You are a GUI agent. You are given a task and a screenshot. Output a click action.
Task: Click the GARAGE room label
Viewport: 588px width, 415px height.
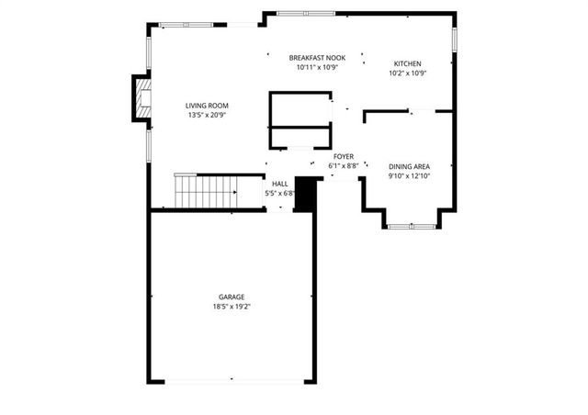[x=232, y=297]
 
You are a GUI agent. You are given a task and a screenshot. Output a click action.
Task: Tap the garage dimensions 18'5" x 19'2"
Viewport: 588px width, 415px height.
[x=232, y=306]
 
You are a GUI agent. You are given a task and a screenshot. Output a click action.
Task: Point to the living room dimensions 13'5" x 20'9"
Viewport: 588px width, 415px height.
[x=208, y=116]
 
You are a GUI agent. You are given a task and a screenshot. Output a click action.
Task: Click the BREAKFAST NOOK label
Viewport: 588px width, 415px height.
[x=317, y=57]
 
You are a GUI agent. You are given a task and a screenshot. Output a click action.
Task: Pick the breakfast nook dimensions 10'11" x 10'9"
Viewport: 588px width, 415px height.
[x=317, y=66]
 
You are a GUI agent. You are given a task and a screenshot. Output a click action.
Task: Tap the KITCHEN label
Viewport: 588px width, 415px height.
[x=408, y=63]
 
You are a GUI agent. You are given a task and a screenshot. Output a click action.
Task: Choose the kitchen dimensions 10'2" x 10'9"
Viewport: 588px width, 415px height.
[x=408, y=73]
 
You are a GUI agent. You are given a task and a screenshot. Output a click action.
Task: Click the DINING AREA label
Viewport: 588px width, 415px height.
[x=409, y=165]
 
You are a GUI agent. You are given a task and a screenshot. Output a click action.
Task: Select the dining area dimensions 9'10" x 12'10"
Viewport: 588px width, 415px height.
[x=409, y=174]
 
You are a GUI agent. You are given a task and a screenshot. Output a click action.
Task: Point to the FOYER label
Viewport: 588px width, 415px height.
[x=344, y=157]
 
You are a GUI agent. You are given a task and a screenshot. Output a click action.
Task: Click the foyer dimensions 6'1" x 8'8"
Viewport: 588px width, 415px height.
[x=344, y=166]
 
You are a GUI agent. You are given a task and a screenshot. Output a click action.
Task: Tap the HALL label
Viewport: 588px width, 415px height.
[x=279, y=184]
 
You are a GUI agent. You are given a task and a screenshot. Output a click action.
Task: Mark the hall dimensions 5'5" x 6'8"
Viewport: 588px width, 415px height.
[x=279, y=193]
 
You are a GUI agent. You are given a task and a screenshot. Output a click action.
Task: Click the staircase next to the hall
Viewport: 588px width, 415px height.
[x=206, y=192]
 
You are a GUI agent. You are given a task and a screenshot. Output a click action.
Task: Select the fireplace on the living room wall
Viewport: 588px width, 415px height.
[x=142, y=98]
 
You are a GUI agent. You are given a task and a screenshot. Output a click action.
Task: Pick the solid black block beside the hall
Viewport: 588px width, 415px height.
[x=305, y=194]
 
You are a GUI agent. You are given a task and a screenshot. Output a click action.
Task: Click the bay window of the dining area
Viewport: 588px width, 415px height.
[x=411, y=224]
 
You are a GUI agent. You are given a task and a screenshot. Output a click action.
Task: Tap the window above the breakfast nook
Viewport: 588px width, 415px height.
[x=303, y=13]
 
